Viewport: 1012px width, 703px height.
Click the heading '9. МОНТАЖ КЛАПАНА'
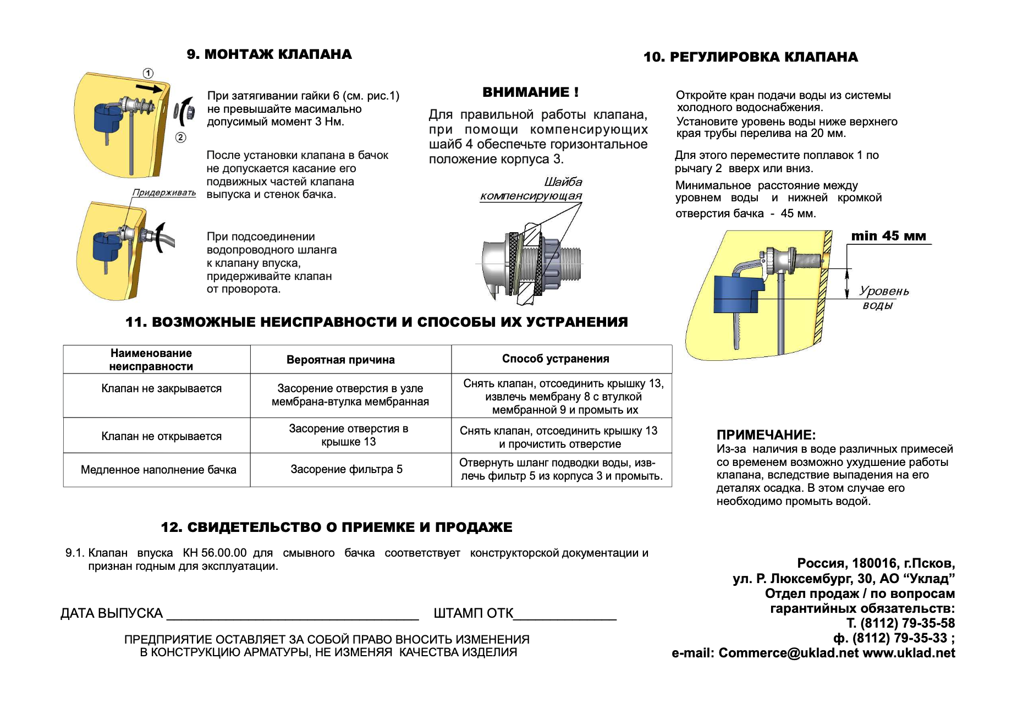coord(269,54)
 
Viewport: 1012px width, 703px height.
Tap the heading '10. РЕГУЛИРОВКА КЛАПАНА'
coord(750,57)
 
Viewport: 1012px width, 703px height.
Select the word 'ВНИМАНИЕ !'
coord(530,92)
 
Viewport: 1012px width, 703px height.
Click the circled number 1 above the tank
coord(148,74)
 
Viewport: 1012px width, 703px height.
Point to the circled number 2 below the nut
coord(180,138)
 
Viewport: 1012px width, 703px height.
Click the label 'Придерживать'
coord(164,193)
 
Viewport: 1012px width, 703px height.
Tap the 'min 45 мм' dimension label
coord(888,236)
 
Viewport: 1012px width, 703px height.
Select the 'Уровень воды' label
coord(883,298)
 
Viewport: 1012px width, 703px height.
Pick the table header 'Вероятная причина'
coord(340,360)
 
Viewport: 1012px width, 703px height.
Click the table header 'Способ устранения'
coord(555,359)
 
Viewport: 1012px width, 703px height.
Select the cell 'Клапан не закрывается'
coord(161,388)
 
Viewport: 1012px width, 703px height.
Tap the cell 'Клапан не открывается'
coord(161,436)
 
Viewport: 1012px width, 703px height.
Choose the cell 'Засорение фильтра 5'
coord(346,469)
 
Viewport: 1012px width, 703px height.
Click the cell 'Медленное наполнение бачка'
coord(158,470)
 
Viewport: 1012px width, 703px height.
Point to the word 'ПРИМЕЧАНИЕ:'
coord(766,435)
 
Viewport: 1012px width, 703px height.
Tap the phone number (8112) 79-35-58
coord(908,623)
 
